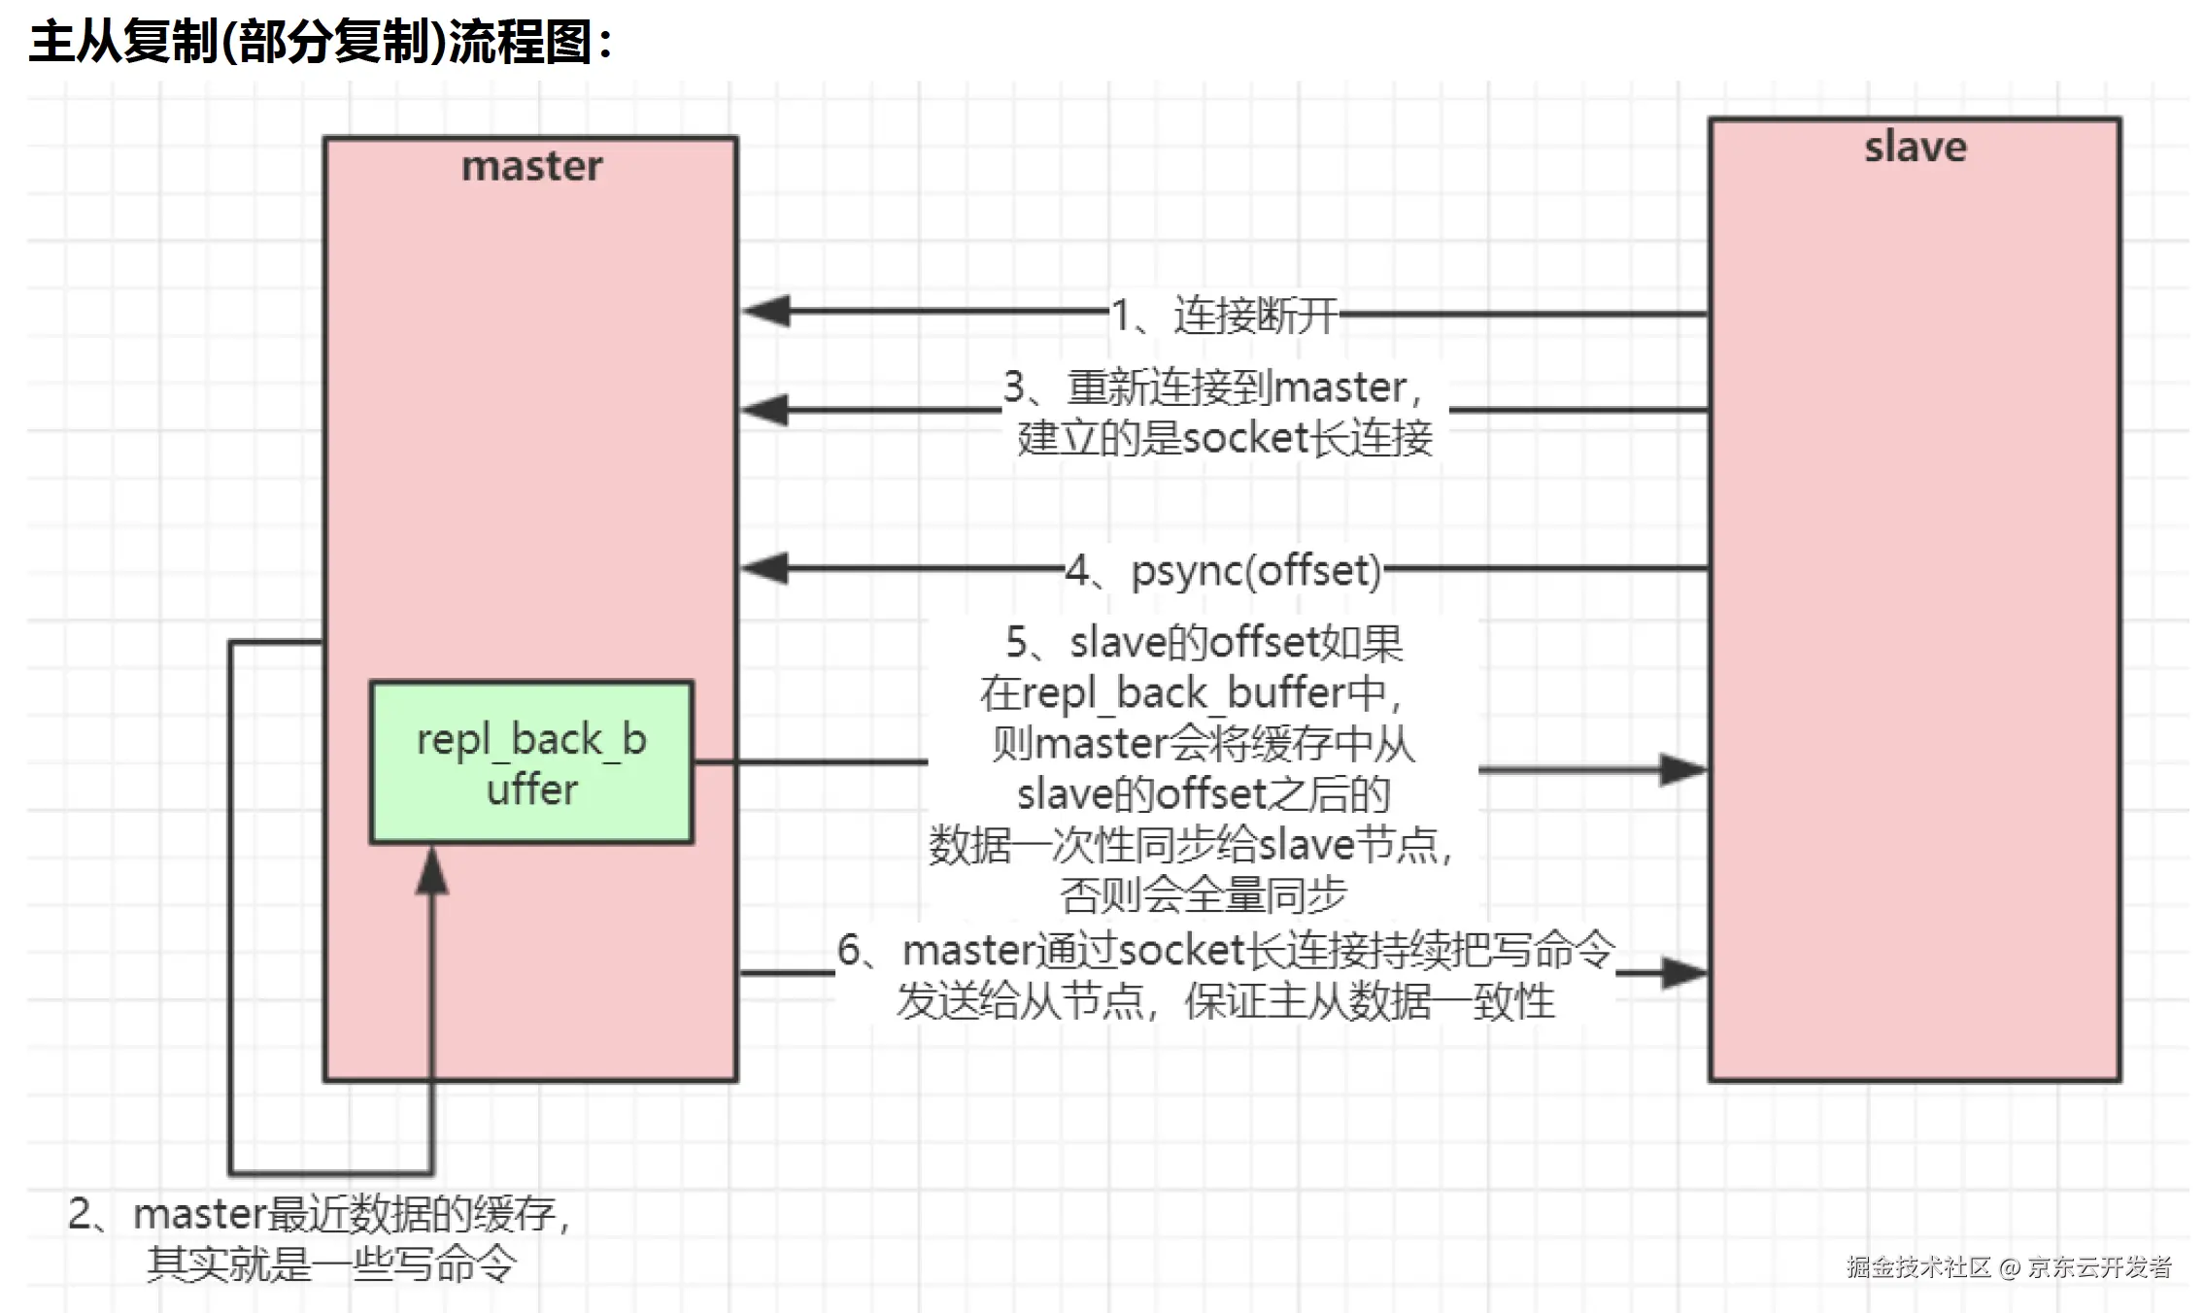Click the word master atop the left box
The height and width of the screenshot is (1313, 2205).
(x=531, y=166)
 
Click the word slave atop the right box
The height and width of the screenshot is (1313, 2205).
(x=1915, y=147)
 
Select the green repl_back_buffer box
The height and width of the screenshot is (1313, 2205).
(x=531, y=762)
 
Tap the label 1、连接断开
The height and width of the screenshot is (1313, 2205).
(x=1224, y=315)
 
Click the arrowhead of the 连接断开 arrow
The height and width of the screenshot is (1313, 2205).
(x=765, y=312)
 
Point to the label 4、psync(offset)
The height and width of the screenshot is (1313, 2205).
(x=1223, y=570)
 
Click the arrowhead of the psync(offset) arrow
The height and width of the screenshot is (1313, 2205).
(x=765, y=568)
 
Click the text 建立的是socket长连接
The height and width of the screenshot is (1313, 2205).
(x=1224, y=438)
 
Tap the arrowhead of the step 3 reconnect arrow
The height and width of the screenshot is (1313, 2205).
(x=765, y=410)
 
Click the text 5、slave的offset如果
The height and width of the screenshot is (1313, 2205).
(x=1204, y=643)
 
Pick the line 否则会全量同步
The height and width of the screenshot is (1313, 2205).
(x=1203, y=895)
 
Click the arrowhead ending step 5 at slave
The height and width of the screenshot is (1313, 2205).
(x=1683, y=770)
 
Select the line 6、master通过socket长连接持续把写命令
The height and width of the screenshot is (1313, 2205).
(x=1226, y=950)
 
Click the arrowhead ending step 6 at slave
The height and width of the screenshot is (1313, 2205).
(x=1684, y=973)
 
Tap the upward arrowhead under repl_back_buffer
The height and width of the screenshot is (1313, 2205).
(x=432, y=870)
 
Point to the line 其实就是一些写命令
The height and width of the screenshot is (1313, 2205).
(x=330, y=1264)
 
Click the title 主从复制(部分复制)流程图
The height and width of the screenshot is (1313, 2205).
(x=321, y=42)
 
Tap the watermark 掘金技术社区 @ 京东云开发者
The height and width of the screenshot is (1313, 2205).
(x=2009, y=1267)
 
